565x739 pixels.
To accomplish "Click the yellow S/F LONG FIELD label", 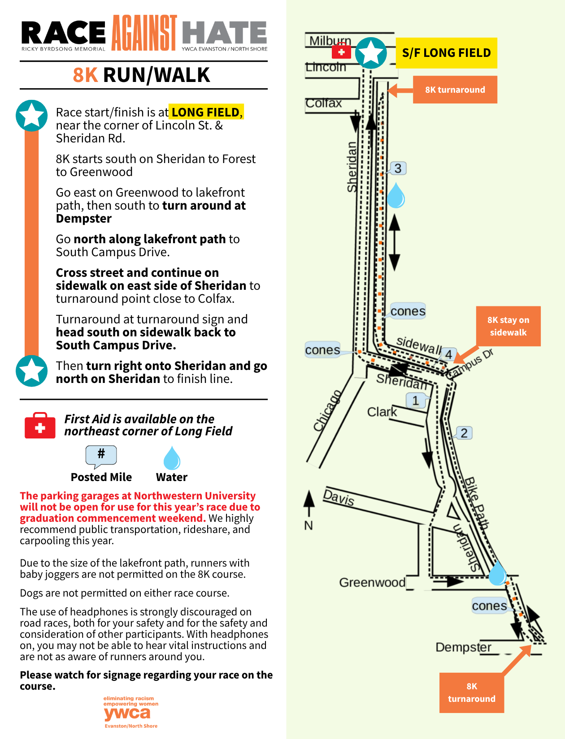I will click(x=446, y=53).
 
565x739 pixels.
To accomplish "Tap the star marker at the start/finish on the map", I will click(x=371, y=53).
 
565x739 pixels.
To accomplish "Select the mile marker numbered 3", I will click(x=397, y=168).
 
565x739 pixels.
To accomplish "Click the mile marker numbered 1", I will click(x=415, y=400).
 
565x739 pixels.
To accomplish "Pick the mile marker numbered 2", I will click(x=464, y=433).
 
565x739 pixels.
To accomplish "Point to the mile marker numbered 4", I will click(x=448, y=354).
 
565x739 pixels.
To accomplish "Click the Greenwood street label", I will click(x=372, y=582).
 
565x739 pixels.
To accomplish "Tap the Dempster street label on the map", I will click(x=463, y=647).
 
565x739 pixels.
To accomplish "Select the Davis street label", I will click(x=339, y=497).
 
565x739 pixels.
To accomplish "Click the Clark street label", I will click(x=382, y=412).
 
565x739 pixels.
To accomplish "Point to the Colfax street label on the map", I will click(x=323, y=103).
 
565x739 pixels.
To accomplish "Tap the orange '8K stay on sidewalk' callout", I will click(x=508, y=326).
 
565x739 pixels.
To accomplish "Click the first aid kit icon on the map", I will click(x=341, y=52).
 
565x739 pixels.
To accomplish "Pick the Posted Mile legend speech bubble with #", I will click(x=101, y=455).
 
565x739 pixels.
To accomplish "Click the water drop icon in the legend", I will click(x=172, y=458).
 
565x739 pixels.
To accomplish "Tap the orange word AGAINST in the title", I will click(x=144, y=33).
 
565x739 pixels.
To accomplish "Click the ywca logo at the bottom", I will click(x=130, y=713).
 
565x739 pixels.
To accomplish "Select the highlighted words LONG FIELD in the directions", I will click(x=206, y=112).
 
